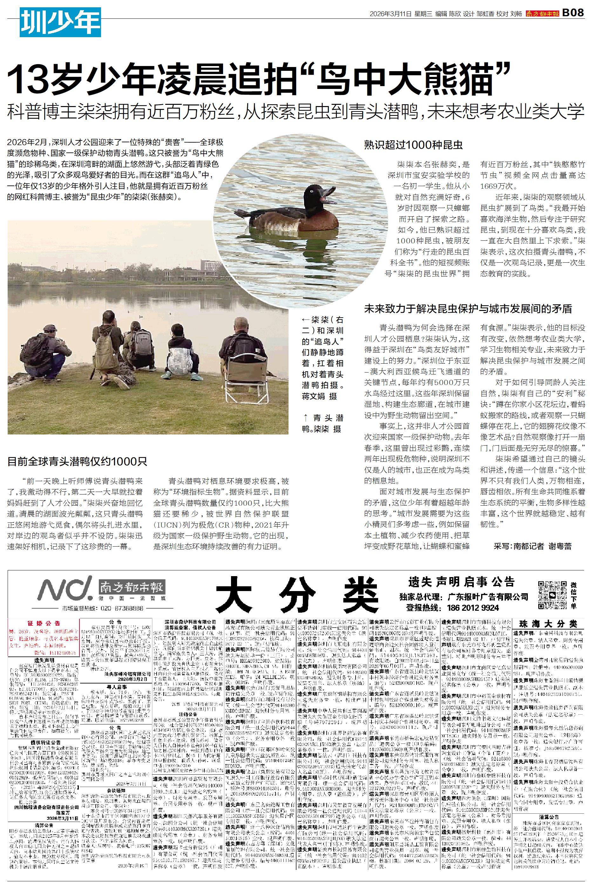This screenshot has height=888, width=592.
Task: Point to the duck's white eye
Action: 311,190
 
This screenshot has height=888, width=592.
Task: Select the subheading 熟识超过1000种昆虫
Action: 413,145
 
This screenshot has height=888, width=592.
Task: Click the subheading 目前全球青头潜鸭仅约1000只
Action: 78,461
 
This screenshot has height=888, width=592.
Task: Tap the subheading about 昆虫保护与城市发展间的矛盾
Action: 468,309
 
